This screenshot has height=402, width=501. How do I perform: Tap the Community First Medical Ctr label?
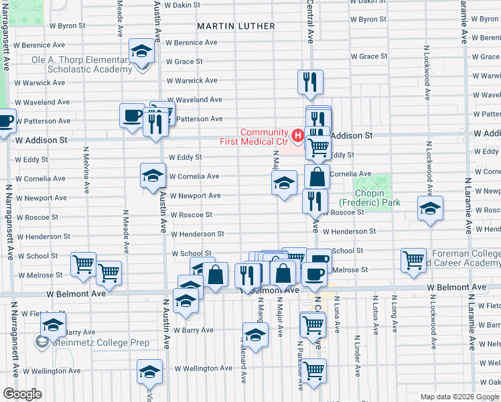click(x=255, y=137)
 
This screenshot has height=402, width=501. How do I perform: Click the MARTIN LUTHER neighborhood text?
click(x=236, y=26)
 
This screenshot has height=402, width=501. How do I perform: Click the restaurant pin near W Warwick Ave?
click(x=310, y=82)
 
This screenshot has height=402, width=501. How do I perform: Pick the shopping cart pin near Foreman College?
click(x=414, y=259)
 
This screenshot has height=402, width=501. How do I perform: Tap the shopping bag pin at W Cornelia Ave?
click(x=317, y=177)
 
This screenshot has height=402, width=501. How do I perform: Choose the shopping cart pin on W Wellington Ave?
click(x=313, y=370)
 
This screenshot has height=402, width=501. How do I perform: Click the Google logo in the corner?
click(x=22, y=394)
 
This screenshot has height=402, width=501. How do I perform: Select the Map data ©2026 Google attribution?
click(x=459, y=397)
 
